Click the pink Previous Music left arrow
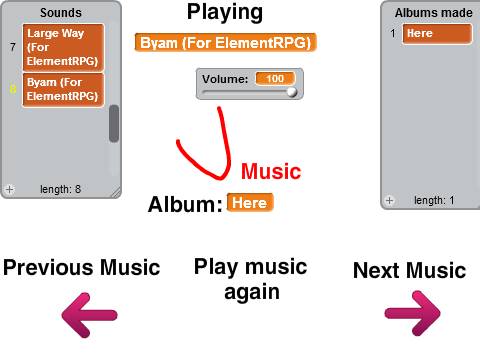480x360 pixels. pos(89,315)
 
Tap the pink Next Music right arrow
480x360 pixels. pos(413,313)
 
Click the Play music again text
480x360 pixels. pos(251,279)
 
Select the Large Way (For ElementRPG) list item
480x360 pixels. pos(63,47)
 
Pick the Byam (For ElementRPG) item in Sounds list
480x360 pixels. pos(63,89)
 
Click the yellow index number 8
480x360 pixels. pos(13,89)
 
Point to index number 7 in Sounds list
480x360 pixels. pos(13,47)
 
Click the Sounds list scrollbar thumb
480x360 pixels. pos(114,124)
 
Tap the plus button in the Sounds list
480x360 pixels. pos(9,189)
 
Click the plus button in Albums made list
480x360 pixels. pos(389,200)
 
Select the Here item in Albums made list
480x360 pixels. pos(437,34)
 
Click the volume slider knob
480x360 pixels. pos(292,92)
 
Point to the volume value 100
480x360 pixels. pos(275,79)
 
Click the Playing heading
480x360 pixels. pos(225,12)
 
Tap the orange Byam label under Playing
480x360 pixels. pos(225,43)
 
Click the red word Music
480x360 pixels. pos(271,172)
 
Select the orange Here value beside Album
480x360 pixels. pos(250,202)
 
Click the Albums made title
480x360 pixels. pos(434,13)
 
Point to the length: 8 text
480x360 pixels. pos(60,189)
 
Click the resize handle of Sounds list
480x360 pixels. pos(116,193)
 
